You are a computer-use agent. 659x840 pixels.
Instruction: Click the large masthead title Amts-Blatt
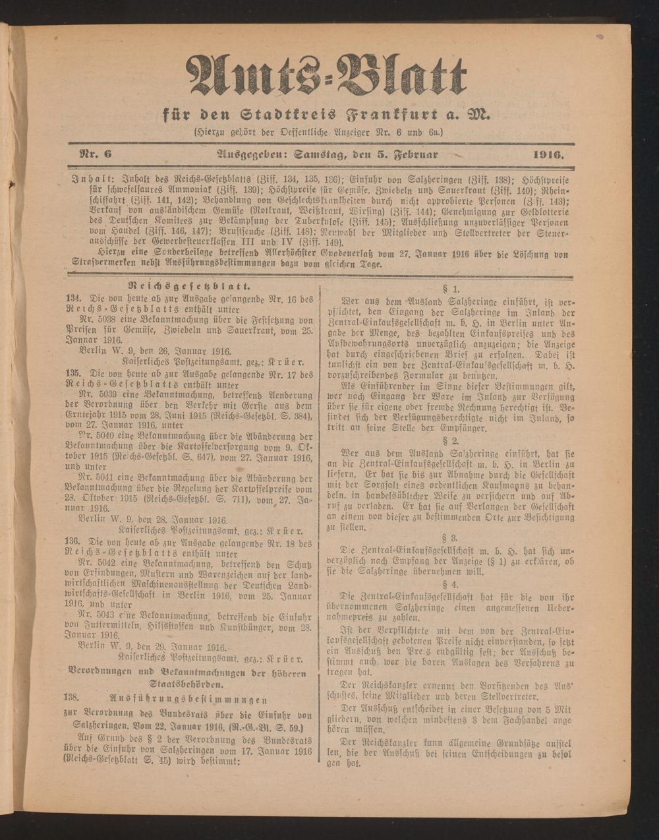tap(328, 76)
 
